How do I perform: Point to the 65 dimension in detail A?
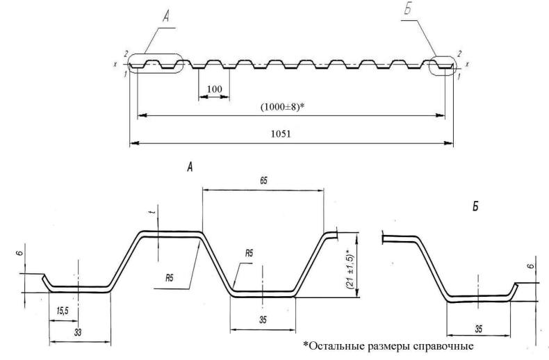click(263, 180)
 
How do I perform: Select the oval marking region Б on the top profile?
click(445, 66)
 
